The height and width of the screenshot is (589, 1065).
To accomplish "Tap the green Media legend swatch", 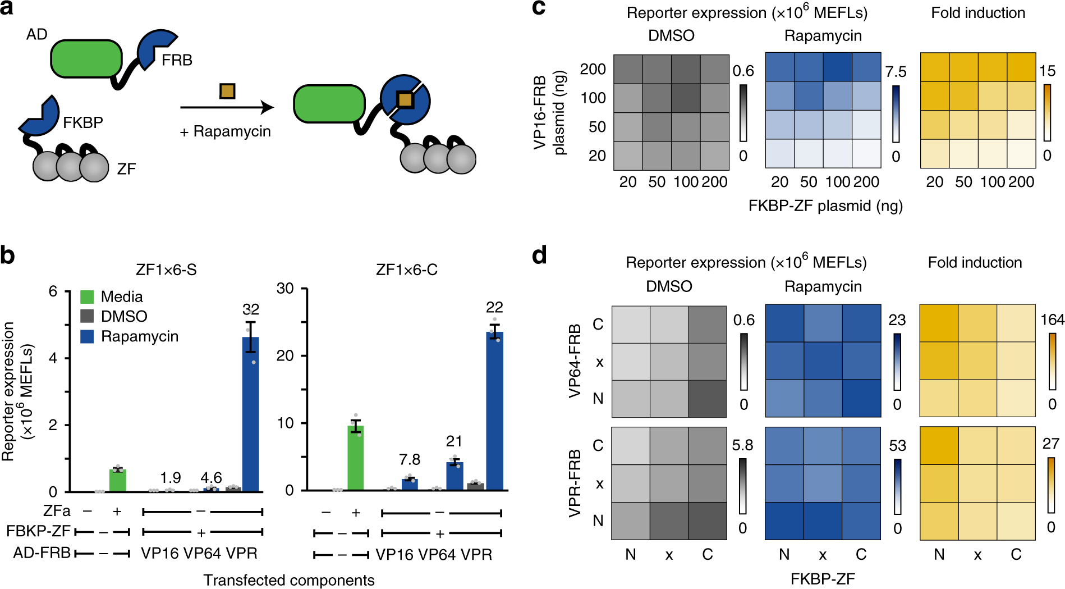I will [87, 296].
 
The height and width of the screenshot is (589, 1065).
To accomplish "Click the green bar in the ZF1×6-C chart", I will [355, 458].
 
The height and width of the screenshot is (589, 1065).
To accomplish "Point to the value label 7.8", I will [410, 460].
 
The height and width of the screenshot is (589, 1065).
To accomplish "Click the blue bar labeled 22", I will [494, 410].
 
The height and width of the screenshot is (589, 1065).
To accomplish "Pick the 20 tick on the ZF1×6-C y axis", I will [285, 356].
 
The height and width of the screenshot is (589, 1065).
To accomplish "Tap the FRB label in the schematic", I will [177, 60].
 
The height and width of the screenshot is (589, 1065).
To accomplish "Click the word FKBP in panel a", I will [82, 122].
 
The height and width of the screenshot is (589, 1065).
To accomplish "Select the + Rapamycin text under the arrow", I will [225, 131].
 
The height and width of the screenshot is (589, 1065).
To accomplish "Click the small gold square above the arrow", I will [227, 91].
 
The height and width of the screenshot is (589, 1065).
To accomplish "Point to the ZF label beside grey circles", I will [126, 169].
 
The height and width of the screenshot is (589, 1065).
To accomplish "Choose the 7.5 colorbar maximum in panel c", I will [896, 72].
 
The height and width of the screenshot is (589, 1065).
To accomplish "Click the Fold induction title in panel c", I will [978, 13].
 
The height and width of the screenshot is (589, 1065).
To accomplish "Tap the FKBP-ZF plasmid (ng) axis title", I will [825, 206].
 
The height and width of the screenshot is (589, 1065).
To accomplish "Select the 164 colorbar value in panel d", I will [1052, 320].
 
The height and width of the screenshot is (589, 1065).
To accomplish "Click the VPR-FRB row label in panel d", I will [575, 483].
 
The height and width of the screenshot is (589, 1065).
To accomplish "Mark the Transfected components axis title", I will [288, 580].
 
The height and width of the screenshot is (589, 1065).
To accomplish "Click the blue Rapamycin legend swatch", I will [87, 336].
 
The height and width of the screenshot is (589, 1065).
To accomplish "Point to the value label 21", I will [454, 442].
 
